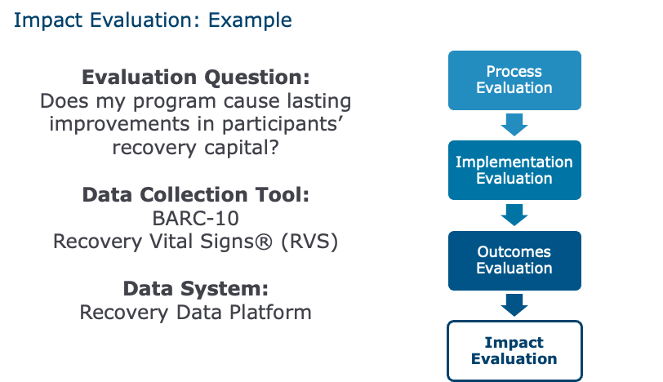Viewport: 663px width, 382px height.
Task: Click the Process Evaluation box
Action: [514, 80]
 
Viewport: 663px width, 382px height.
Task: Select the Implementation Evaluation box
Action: [514, 170]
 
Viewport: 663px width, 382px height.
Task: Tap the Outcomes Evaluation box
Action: [514, 260]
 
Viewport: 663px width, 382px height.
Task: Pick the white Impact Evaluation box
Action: [514, 350]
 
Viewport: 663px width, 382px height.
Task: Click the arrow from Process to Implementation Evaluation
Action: [514, 125]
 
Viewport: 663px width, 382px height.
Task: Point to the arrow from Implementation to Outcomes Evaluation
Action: [514, 215]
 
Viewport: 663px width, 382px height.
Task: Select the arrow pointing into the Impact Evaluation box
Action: [514, 305]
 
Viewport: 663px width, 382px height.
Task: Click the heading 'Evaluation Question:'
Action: [196, 78]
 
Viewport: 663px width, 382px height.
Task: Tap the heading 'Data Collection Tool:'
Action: [196, 196]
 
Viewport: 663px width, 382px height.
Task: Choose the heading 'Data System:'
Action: [196, 289]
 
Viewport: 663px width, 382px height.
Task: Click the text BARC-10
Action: [196, 219]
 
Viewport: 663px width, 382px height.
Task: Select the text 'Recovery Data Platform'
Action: [196, 312]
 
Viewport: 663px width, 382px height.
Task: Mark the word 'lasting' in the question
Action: [314, 103]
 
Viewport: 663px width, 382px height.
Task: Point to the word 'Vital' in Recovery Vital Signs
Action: [163, 242]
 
